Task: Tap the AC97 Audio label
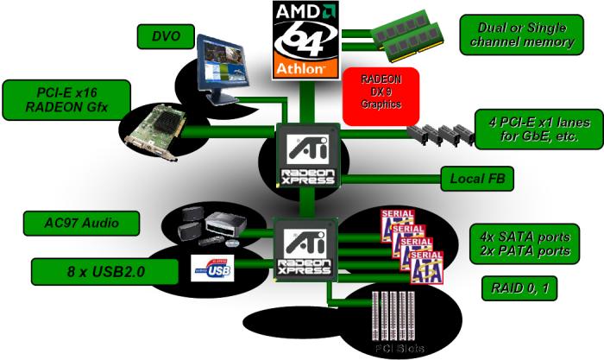click(x=81, y=222)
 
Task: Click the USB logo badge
click(x=213, y=269)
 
